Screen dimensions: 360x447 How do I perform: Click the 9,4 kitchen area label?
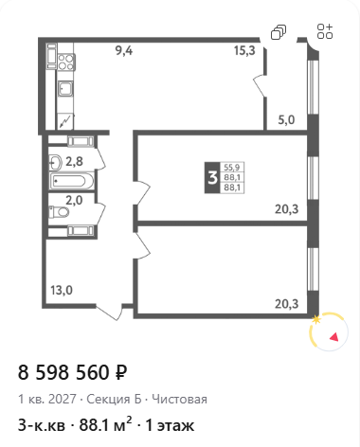[x=124, y=50]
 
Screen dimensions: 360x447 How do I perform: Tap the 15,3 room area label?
[x=244, y=50]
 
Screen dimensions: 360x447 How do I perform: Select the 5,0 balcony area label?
[x=286, y=120]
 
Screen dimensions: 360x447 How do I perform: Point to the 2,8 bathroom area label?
[x=74, y=162]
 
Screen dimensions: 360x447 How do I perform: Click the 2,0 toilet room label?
[x=74, y=200]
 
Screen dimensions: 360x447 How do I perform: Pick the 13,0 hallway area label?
[x=62, y=290]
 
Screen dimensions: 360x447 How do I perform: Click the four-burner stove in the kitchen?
[x=66, y=62]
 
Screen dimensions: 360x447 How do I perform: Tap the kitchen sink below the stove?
[x=65, y=89]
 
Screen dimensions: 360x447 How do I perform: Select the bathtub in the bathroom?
[x=72, y=181]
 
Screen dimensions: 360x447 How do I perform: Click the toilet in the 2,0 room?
[x=59, y=212]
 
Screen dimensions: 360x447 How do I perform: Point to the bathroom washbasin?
[x=55, y=163]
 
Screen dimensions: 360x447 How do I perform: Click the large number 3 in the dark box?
[x=213, y=178]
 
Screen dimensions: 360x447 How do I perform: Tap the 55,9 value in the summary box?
[x=232, y=167]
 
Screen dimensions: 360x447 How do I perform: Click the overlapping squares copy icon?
[x=279, y=32]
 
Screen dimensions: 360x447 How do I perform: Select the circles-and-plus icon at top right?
[x=325, y=31]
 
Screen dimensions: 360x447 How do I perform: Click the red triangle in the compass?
[x=334, y=337]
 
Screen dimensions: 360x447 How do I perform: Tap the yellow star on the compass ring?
[x=316, y=320]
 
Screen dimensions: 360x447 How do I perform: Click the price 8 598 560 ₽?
[x=73, y=372]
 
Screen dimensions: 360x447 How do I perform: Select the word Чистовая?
[x=179, y=400]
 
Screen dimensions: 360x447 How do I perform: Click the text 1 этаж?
[x=170, y=425]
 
